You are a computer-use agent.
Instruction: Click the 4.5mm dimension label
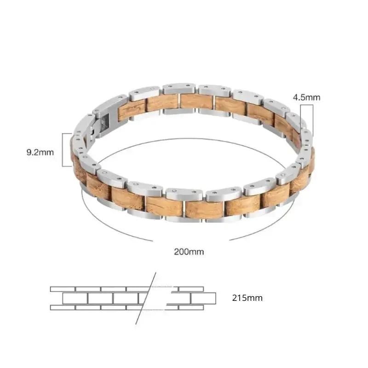point(306,98)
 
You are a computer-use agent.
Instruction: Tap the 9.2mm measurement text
point(40,152)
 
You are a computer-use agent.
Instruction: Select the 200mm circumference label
point(189,252)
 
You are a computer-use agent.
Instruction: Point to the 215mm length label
point(247,298)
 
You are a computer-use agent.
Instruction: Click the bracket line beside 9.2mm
point(63,150)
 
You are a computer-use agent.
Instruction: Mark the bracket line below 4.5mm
point(313,120)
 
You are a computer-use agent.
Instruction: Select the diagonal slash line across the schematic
point(146,298)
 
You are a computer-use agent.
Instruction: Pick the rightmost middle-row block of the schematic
point(203,298)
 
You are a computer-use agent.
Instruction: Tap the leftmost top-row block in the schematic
point(63,289)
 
